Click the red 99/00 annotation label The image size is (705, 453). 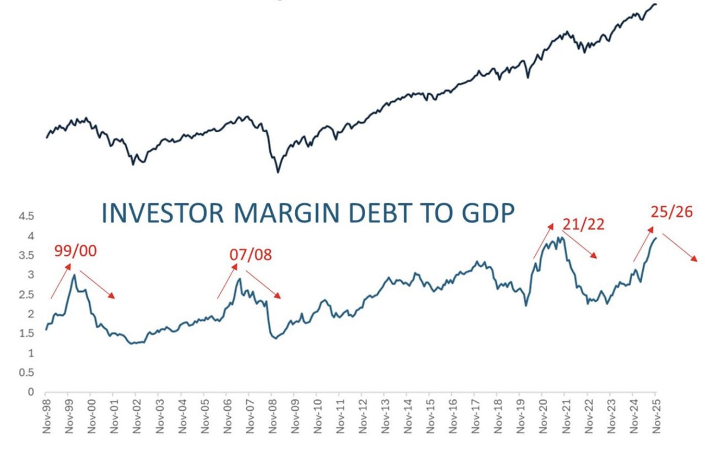pos(75,251)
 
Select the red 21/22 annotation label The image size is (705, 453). pos(583,224)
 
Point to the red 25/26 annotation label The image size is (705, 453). pos(671,212)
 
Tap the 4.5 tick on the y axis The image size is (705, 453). pos(26,217)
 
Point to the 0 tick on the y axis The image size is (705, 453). pos(31,392)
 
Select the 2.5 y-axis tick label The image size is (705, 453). pos(26,295)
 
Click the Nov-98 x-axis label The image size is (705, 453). pos(46,417)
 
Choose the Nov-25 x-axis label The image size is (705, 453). pos(655,417)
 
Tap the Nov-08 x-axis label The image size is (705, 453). pos(272,417)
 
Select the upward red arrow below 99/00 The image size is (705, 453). pos(61,281)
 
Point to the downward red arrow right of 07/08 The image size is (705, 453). pos(263,284)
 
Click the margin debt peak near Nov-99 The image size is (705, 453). pos(74,274)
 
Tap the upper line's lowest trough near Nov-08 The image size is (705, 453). pos(278,172)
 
